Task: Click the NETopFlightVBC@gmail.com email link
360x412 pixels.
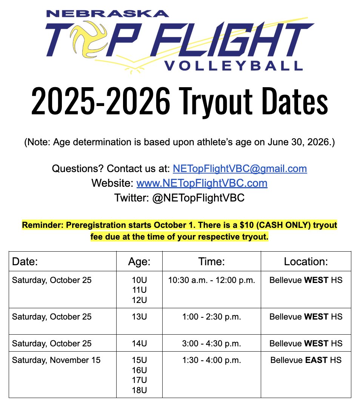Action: point(240,168)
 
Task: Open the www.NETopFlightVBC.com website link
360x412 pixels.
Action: point(202,183)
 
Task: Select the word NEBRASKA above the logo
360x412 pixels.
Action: point(107,14)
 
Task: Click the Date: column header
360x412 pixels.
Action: point(25,261)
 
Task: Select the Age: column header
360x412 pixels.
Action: point(139,261)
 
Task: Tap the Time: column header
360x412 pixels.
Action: point(211,261)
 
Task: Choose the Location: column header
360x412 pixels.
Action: point(306,261)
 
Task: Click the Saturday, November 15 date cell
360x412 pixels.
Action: point(56,360)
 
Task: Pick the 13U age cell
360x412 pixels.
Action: point(139,317)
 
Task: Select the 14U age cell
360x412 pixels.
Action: point(139,344)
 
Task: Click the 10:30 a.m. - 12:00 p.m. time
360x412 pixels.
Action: point(211,281)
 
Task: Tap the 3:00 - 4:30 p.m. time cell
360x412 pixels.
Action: point(211,344)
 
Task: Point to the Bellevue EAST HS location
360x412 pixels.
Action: point(306,360)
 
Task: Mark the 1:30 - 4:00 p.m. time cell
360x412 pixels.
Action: point(211,360)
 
